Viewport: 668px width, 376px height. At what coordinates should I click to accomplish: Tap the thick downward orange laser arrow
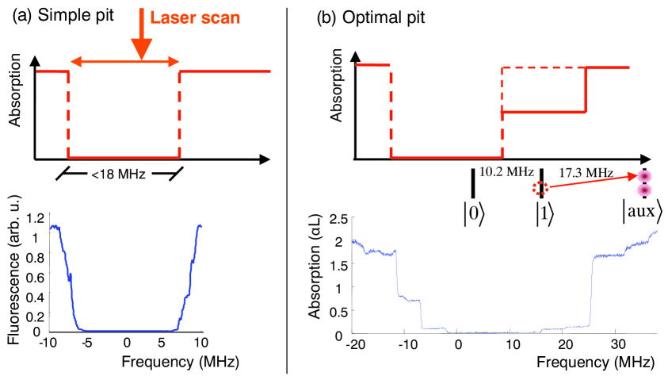[x=141, y=36]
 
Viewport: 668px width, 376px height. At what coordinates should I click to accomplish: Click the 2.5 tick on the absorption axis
[x=337, y=217]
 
